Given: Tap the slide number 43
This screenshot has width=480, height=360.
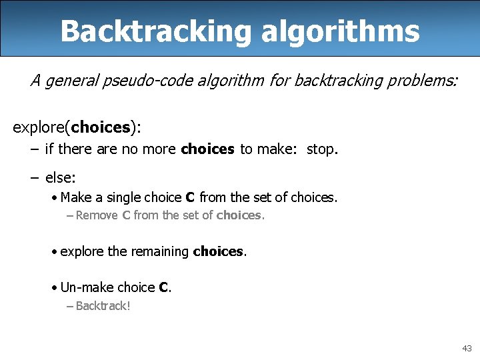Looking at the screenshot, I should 466,349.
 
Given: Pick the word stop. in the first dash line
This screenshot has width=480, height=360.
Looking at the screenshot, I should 323,149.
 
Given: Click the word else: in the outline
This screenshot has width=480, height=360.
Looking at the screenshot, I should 61,177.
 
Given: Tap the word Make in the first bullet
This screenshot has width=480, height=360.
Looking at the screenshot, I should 75,197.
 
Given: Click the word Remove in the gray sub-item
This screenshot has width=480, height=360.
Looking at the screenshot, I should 97,215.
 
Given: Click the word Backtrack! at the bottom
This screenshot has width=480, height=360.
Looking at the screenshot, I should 103,306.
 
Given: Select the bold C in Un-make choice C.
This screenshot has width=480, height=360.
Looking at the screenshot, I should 163,287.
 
